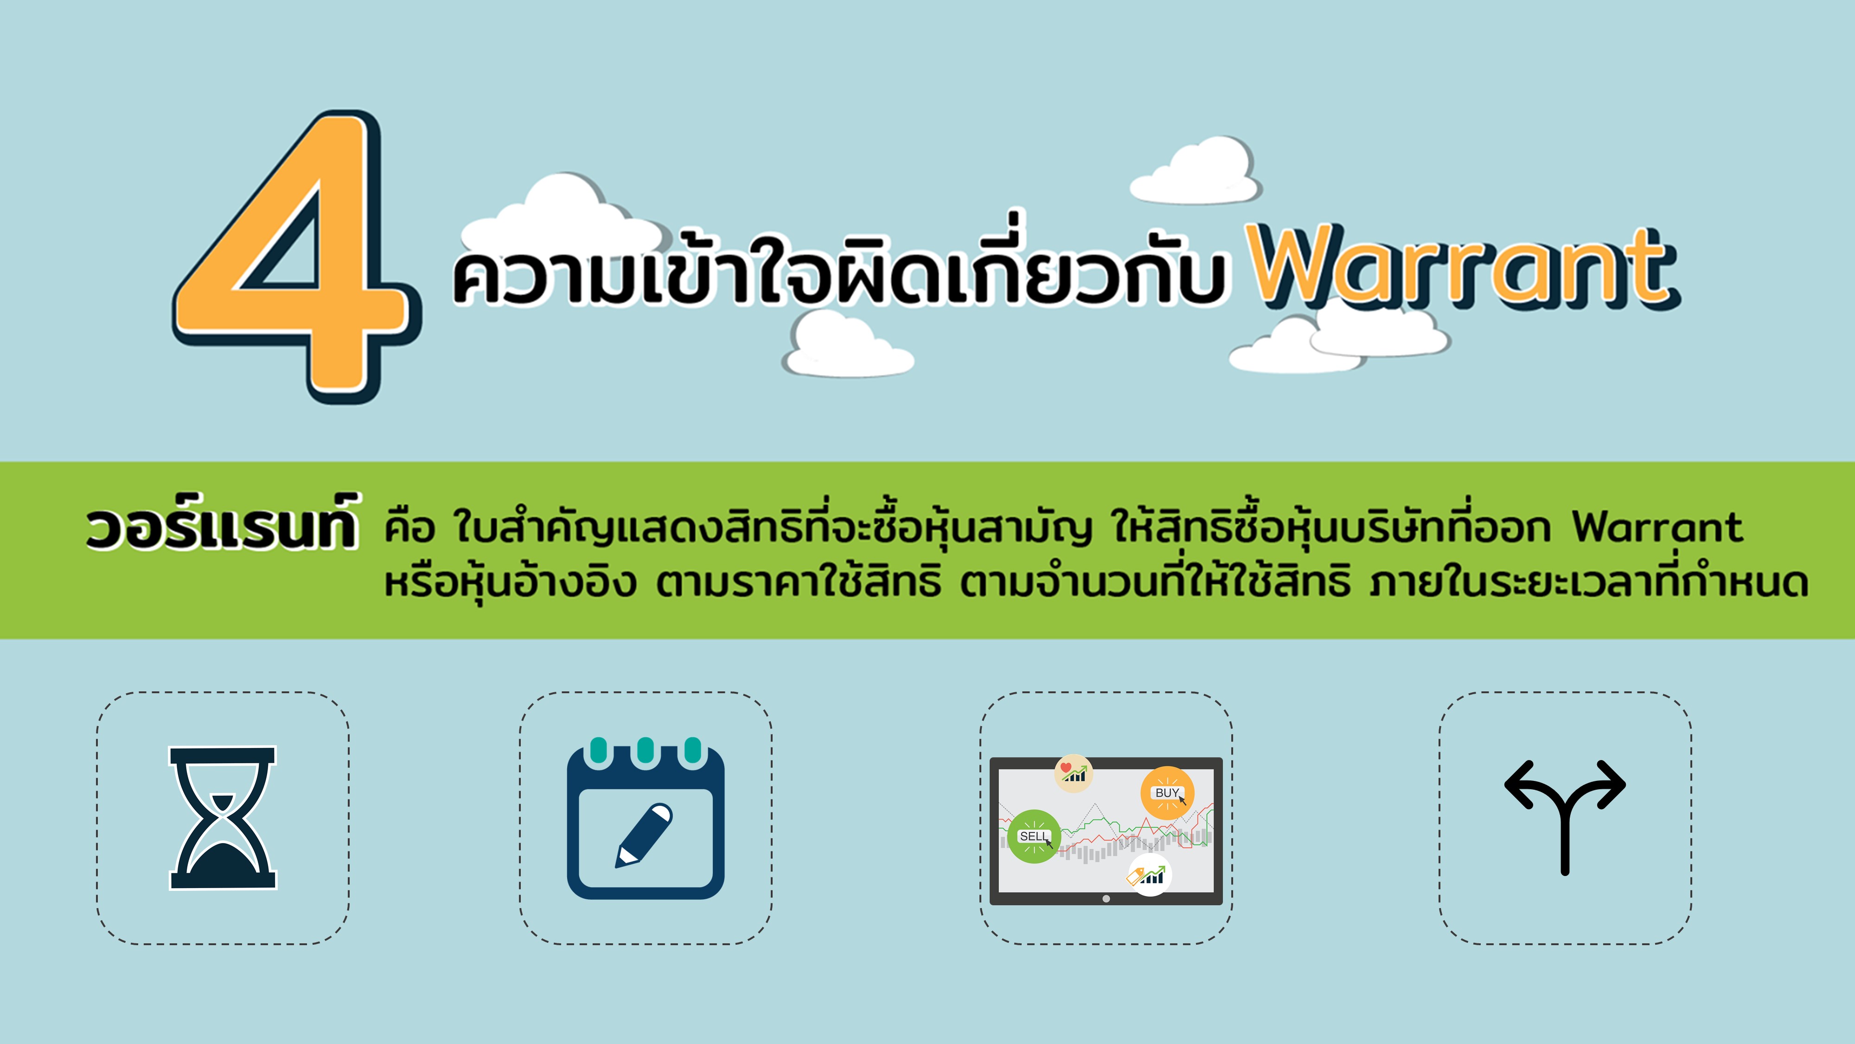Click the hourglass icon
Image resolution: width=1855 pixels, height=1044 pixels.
tap(223, 818)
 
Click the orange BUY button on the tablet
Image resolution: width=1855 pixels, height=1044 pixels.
tap(1167, 793)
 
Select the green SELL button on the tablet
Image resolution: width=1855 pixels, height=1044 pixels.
tap(1034, 836)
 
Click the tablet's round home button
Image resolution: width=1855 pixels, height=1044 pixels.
tap(1106, 898)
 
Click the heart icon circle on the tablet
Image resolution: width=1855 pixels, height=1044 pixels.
tap(1073, 773)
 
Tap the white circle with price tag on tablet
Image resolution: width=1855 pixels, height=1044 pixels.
tap(1149, 875)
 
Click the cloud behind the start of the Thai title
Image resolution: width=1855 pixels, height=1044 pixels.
tap(562, 216)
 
